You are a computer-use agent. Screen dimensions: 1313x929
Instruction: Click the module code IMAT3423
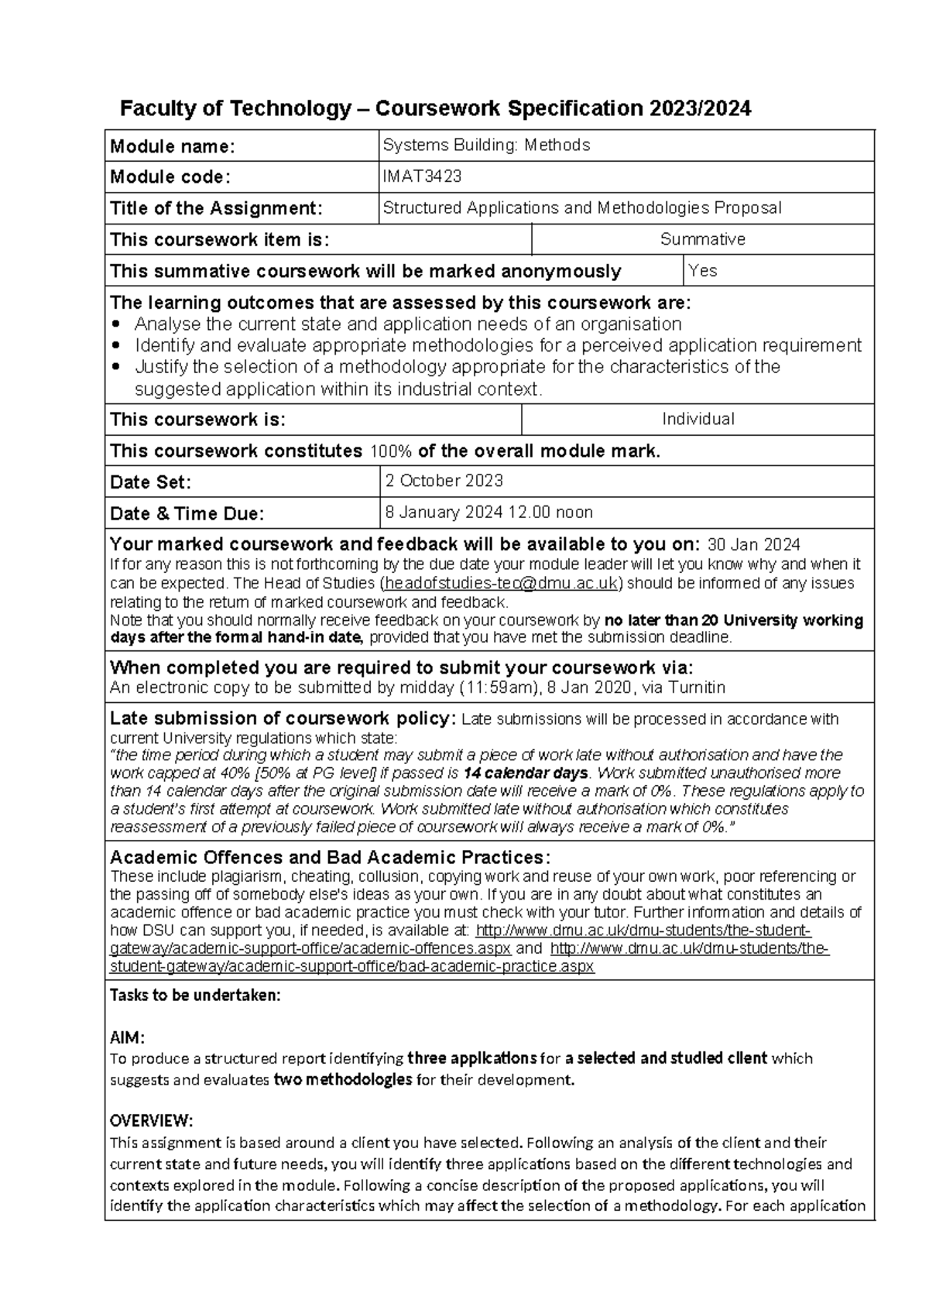tap(422, 177)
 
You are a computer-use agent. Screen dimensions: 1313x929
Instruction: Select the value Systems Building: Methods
tap(486, 145)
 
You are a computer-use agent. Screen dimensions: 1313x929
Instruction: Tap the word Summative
tap(702, 239)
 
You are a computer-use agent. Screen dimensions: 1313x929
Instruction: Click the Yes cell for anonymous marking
tap(702, 270)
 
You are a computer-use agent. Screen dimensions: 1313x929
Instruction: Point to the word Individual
tap(698, 419)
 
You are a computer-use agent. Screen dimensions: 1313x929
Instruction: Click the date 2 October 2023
tap(444, 481)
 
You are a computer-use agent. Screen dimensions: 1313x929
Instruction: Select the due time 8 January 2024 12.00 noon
tap(488, 512)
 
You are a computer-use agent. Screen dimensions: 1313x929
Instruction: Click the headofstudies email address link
tap(502, 583)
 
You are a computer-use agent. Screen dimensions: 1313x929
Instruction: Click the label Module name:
tap(172, 146)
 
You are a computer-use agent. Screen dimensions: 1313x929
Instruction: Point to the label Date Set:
tap(150, 482)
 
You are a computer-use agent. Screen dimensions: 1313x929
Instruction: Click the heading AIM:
tap(127, 1037)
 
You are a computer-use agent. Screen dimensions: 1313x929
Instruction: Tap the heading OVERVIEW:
tap(151, 1121)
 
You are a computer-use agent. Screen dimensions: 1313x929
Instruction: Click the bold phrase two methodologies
tap(342, 1080)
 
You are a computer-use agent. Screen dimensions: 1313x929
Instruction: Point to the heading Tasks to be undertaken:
tap(195, 996)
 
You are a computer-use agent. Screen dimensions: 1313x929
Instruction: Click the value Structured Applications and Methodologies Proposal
tap(581, 207)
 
